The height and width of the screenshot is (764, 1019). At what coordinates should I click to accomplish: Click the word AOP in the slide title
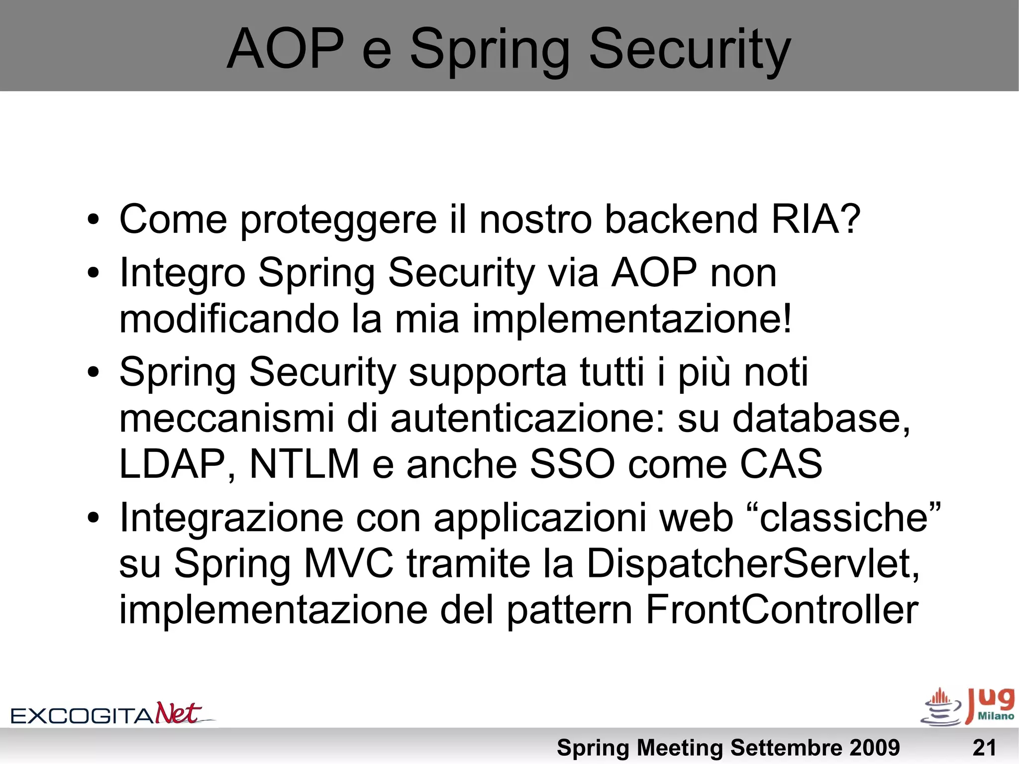[x=285, y=49]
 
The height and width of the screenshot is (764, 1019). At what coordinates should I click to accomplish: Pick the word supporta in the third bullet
[x=487, y=372]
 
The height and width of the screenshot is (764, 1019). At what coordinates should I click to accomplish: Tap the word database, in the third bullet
[x=821, y=418]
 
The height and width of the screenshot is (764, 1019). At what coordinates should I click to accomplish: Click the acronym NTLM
[x=304, y=464]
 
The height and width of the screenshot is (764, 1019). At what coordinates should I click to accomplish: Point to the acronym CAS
[x=781, y=464]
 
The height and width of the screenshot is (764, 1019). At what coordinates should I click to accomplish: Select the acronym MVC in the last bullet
[x=349, y=564]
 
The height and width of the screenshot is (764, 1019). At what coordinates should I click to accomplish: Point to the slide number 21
[x=984, y=748]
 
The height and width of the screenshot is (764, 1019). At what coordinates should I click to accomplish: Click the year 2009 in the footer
[x=874, y=748]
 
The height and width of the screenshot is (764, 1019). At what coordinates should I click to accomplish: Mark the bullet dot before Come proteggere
[x=93, y=220]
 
